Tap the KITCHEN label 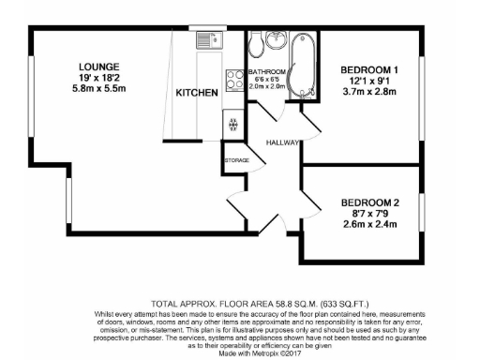pyautogui.click(x=197, y=93)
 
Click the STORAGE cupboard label pyautogui.click(x=236, y=161)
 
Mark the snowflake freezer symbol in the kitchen pyautogui.click(x=232, y=123)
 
